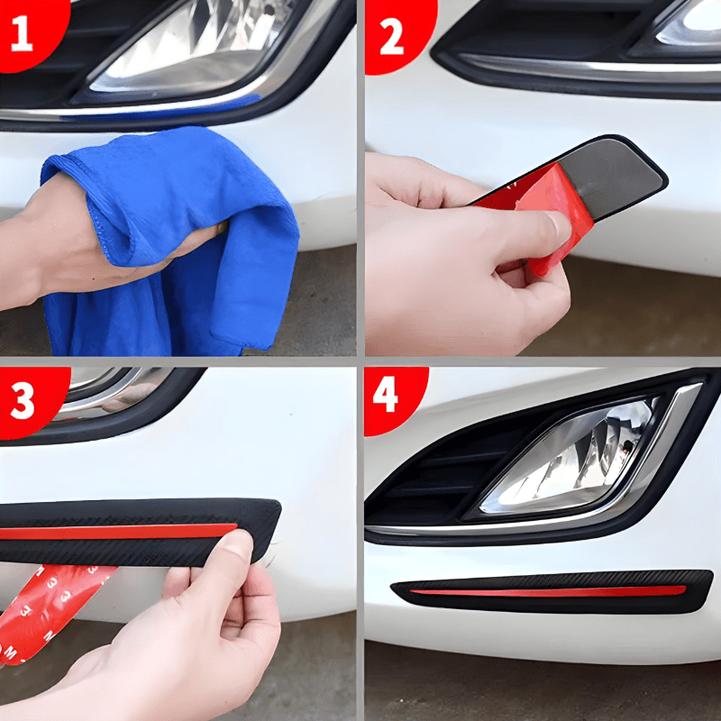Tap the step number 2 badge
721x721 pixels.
coord(396,34)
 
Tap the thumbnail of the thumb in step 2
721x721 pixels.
coord(560,225)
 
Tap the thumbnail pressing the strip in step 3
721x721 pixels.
coord(238,542)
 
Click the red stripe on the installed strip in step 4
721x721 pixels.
coord(548,592)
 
